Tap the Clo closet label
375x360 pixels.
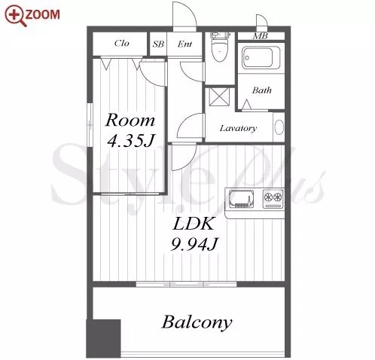(x=122, y=43)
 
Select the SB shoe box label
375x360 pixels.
(x=158, y=44)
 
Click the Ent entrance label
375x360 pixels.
(x=184, y=44)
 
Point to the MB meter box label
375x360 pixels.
(x=261, y=36)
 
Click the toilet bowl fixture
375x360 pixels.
(x=220, y=47)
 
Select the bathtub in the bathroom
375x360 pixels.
(x=261, y=57)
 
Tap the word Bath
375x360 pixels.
(x=262, y=90)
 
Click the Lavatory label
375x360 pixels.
(x=238, y=129)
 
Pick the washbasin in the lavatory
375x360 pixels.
(x=279, y=127)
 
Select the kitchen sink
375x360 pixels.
(x=241, y=199)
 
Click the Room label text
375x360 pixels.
(x=130, y=121)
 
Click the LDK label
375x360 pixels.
(x=194, y=224)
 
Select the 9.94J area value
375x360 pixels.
(x=194, y=244)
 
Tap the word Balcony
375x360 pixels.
(x=197, y=322)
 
